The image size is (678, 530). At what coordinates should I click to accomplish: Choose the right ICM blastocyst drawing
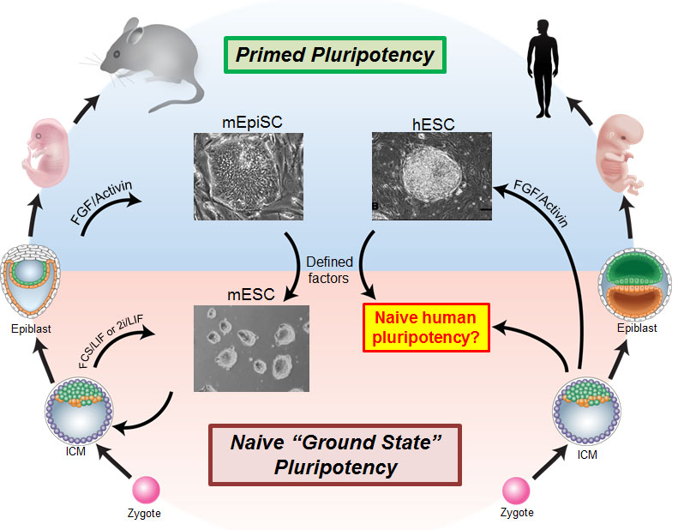[586, 416]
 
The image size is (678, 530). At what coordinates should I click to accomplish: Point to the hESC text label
[431, 123]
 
